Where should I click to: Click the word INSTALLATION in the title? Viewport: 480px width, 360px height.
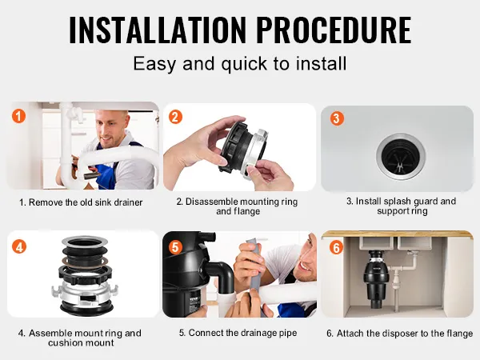158,30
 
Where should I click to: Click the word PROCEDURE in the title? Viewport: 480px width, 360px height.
334,30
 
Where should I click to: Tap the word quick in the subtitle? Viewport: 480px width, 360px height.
244,64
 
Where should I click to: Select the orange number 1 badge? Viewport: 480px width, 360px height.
18,116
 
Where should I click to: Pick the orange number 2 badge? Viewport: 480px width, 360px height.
175,117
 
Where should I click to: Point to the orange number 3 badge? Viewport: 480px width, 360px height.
337,118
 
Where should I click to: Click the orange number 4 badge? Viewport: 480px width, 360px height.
19,246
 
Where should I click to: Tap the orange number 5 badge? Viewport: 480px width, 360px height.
175,247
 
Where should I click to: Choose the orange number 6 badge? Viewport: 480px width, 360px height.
337,247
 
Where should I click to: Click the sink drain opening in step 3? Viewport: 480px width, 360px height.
401,157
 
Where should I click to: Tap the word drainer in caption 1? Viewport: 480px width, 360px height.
128,202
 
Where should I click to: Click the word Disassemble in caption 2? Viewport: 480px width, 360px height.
212,202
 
